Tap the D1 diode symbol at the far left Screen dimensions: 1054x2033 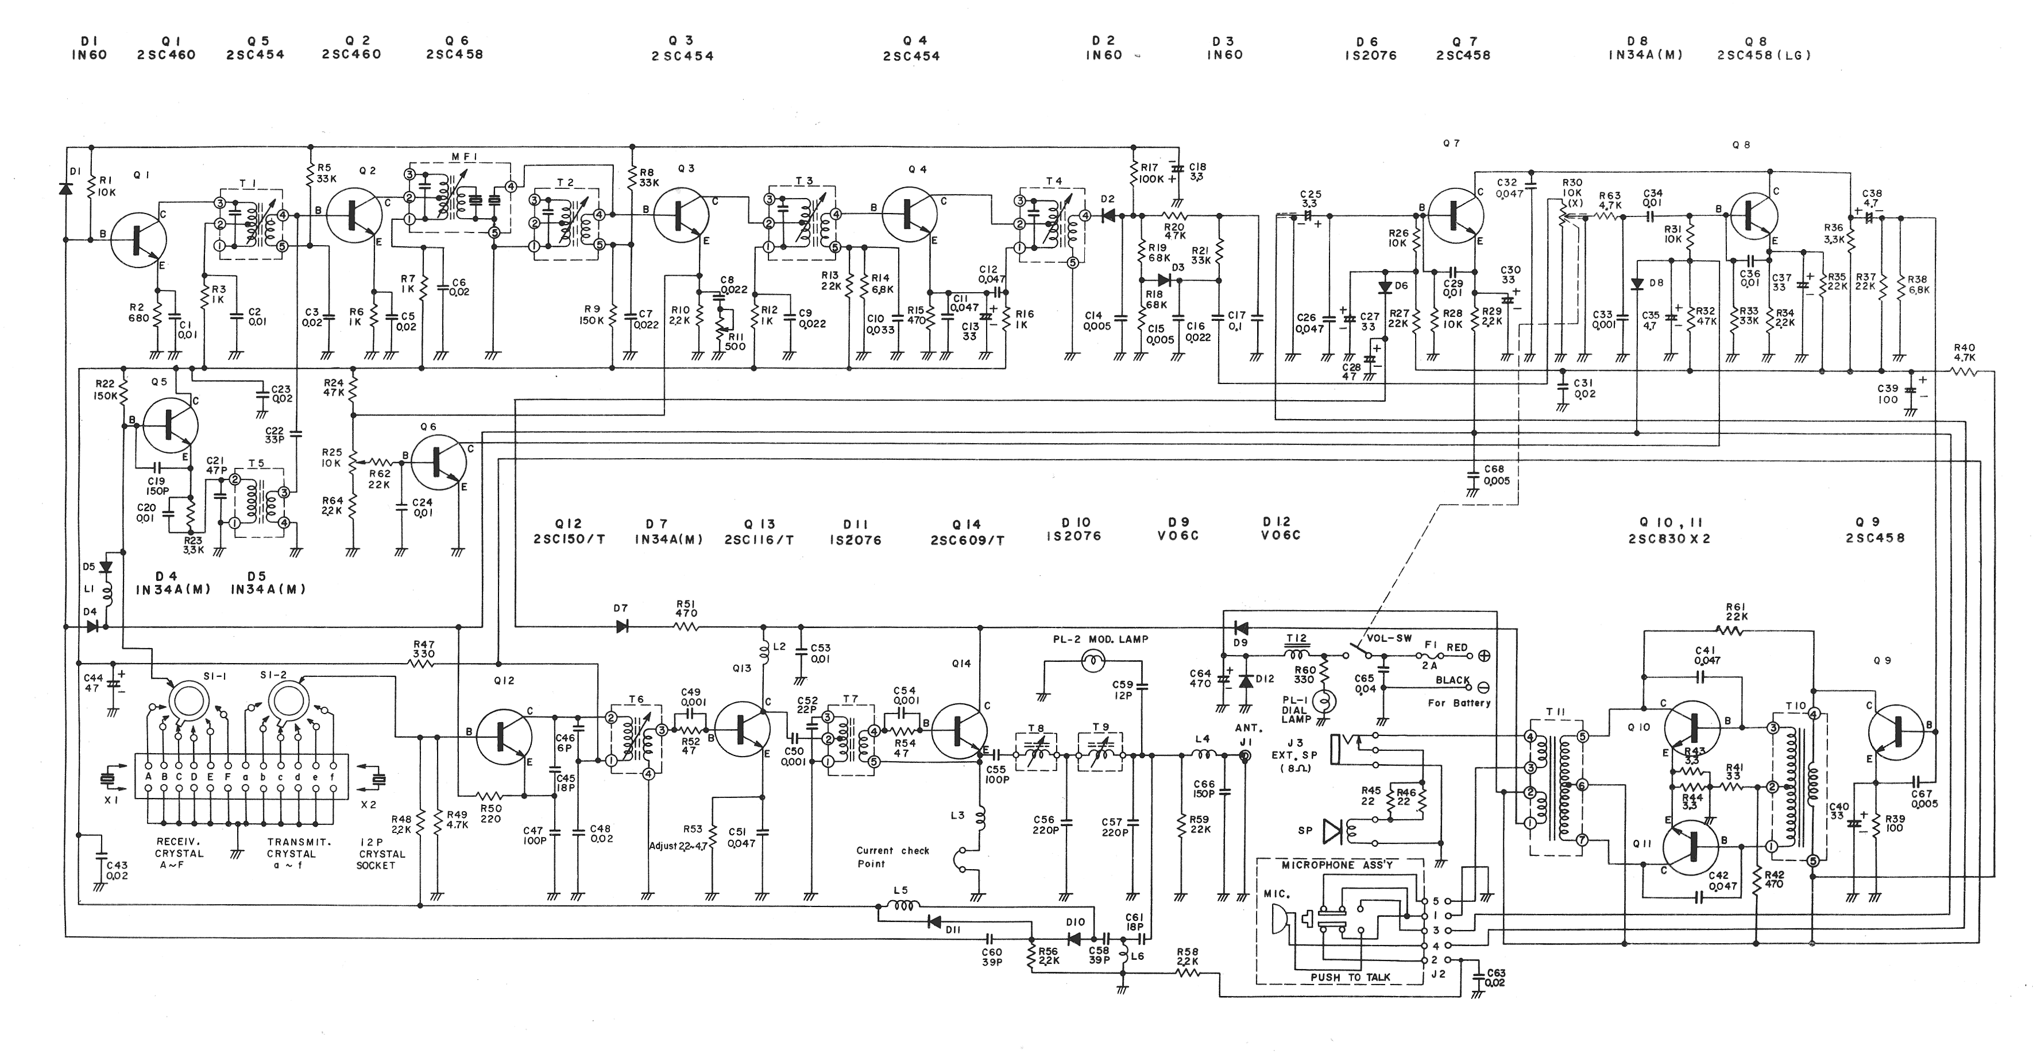click(x=66, y=189)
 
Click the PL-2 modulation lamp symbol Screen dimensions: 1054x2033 click(x=1092, y=661)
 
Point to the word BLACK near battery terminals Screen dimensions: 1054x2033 click(x=1452, y=680)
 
